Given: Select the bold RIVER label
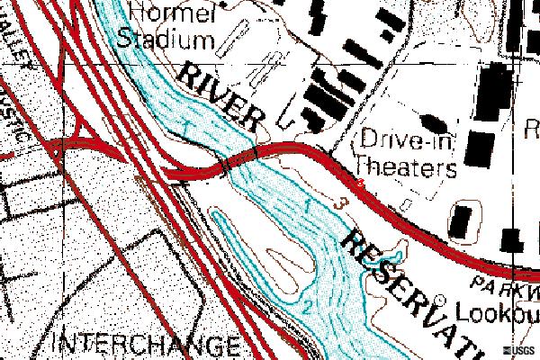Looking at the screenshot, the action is click(220, 96).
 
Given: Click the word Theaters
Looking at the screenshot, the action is click(406, 166).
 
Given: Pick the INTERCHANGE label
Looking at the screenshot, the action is click(147, 345).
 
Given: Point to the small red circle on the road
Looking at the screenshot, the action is click(361, 184).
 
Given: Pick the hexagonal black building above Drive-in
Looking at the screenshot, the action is click(432, 121).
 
